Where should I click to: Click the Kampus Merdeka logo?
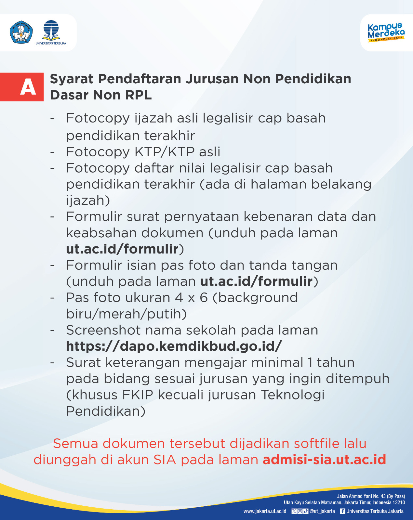[x=386, y=32]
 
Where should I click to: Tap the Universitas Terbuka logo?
[x=51, y=32]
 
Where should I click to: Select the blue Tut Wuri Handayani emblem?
[x=21, y=32]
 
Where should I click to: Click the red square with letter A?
[x=22, y=87]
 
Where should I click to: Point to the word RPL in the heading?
[x=138, y=95]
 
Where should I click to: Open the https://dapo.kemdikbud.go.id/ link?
[x=174, y=346]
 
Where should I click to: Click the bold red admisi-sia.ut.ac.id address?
[x=324, y=460]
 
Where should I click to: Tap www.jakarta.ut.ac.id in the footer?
[x=265, y=511]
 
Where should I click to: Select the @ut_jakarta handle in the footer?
[x=322, y=511]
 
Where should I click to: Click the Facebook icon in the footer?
[x=342, y=511]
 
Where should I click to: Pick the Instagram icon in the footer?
[x=300, y=511]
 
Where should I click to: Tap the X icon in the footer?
[x=294, y=511]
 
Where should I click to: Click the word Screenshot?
[x=103, y=331]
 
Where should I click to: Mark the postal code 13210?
[x=399, y=502]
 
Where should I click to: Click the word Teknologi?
[x=293, y=395]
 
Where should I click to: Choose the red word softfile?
[x=330, y=444]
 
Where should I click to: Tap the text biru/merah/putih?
[x=127, y=314]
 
